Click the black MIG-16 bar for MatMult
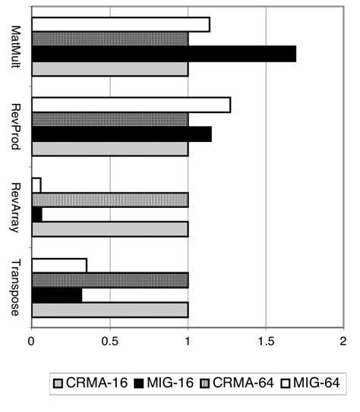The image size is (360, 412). (x=163, y=54)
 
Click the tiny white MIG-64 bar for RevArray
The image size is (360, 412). (x=36, y=185)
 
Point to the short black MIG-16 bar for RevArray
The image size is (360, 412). (x=37, y=215)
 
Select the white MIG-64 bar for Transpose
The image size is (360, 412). (x=59, y=265)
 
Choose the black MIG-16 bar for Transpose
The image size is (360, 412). (x=56, y=294)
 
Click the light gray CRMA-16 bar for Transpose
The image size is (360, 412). (x=109, y=310)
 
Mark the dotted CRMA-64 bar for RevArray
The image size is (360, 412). (x=109, y=200)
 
